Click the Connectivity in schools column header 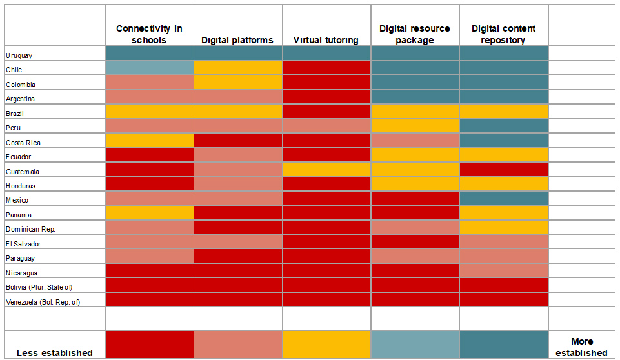click(x=149, y=34)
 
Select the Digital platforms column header click(x=237, y=40)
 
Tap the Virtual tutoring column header click(x=326, y=40)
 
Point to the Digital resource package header click(x=415, y=34)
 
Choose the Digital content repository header click(x=503, y=34)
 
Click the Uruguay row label click(x=19, y=55)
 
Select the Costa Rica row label click(x=24, y=143)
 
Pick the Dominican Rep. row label click(x=30, y=229)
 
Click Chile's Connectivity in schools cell click(x=149, y=68)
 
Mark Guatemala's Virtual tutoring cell click(x=326, y=170)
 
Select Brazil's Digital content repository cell click(x=503, y=112)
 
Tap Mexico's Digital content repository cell click(x=503, y=199)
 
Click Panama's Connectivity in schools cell click(x=149, y=213)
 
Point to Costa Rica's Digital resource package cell click(x=415, y=141)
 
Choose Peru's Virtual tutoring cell click(x=326, y=126)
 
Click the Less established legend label click(x=54, y=352)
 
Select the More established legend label click(x=581, y=347)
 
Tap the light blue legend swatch click(x=415, y=344)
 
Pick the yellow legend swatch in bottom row click(x=326, y=344)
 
